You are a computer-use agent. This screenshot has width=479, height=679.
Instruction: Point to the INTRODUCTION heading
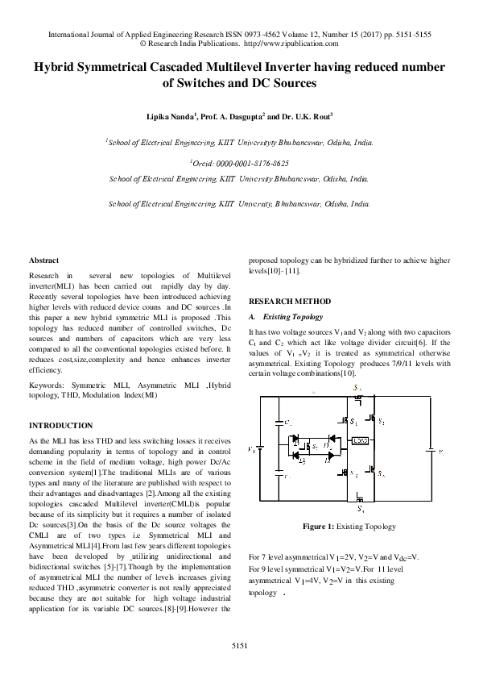60,425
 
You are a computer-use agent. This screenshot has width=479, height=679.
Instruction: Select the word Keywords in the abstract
47,387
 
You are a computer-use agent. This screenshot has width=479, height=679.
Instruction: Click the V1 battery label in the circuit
253,449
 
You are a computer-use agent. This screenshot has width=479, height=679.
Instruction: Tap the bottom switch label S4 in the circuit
361,510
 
